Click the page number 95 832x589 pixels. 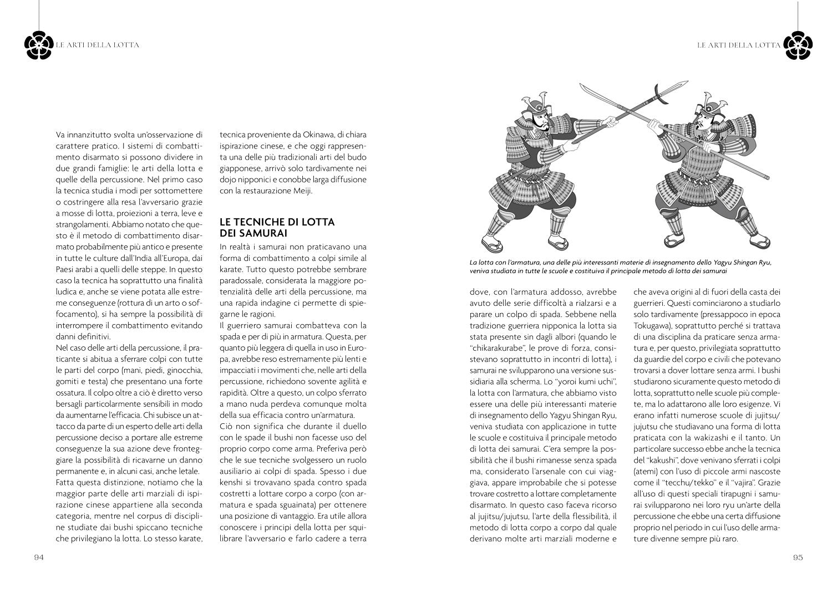point(798,557)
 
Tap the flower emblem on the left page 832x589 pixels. point(39,44)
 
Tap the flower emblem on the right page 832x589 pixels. point(797,44)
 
